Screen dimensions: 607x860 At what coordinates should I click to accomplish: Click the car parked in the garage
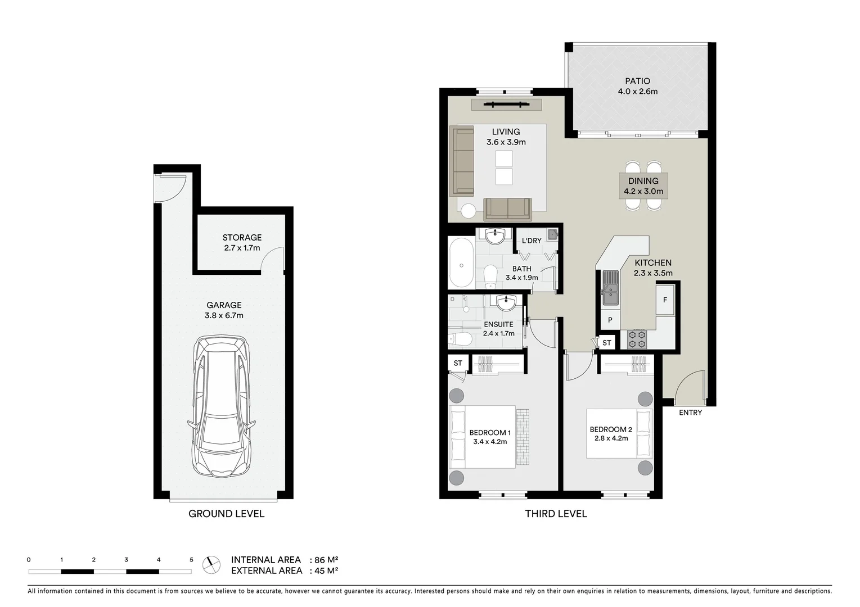coord(223,407)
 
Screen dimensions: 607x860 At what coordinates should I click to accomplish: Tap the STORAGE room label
coord(242,238)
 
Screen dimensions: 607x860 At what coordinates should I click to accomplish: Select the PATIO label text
coord(637,81)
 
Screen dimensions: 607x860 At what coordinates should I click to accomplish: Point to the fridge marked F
coord(665,300)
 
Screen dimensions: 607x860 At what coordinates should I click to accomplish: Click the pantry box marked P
coord(610,320)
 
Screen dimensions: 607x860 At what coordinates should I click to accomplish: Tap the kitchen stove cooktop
coord(637,339)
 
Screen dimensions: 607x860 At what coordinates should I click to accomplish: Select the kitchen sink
coord(610,287)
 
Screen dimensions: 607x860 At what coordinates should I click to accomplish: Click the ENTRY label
coord(690,413)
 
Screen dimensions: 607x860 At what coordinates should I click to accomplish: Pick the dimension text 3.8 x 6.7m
coord(224,315)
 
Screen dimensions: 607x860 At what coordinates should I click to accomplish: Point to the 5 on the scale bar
coord(191,560)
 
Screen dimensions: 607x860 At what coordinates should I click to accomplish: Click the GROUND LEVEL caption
coord(226,514)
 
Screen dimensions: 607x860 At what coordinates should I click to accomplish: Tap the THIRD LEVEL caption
coord(556,514)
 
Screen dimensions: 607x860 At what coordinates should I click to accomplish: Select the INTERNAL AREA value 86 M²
coord(326,560)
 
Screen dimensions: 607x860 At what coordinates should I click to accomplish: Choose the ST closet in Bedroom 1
coord(457,363)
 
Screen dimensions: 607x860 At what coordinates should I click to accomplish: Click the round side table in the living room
coord(468,211)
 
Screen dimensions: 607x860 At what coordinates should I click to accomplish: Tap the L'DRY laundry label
coord(531,241)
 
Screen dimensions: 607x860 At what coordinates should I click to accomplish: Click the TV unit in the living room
coord(506,104)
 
